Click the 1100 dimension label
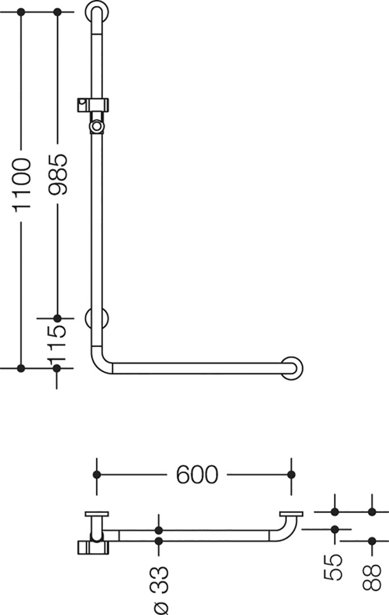point(22,185)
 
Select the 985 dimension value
point(58,174)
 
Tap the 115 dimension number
point(58,342)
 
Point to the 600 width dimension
point(196,474)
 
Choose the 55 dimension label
point(334,567)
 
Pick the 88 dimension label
point(372,577)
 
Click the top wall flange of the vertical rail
point(97,13)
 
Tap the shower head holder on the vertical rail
point(92,105)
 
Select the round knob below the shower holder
point(96,126)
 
